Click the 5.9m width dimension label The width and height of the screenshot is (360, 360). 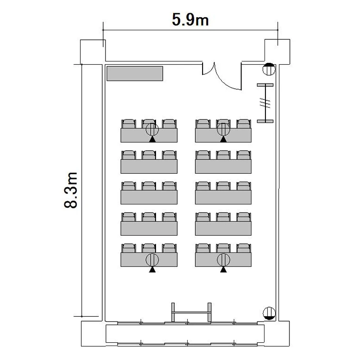191,20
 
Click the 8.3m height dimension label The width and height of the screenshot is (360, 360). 71,190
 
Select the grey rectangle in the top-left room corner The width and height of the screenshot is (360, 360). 135,74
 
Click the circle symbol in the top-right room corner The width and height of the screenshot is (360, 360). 269,69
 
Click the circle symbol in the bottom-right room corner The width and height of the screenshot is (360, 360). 269,313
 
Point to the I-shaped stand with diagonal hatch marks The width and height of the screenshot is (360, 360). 265,103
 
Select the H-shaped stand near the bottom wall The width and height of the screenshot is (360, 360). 191,312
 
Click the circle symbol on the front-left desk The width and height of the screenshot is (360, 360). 152,129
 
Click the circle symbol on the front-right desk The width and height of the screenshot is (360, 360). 223,129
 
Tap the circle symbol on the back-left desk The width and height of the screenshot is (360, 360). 152,260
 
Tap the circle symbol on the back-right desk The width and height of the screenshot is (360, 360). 223,260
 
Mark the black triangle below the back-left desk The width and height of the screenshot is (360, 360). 152,270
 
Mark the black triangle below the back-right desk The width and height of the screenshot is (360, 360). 223,270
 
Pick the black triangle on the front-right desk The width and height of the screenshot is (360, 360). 223,139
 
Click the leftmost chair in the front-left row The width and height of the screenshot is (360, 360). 129,124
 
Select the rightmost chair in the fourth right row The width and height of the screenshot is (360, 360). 243,217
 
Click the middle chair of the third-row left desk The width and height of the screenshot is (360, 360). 149,186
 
